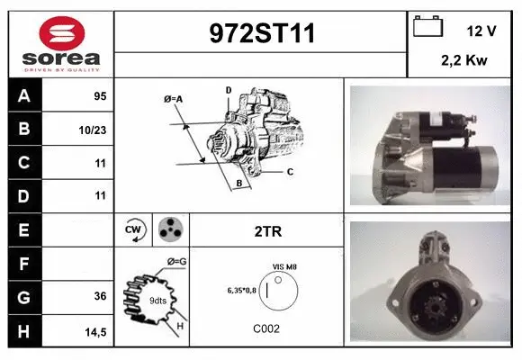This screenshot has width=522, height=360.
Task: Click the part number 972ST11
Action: coord(262,33)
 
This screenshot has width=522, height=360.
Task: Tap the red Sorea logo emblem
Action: coord(62,33)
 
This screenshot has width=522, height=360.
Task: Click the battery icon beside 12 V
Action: coord(427,26)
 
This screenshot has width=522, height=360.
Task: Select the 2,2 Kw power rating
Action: coord(464,60)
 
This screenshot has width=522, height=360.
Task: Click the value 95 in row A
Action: coord(100,96)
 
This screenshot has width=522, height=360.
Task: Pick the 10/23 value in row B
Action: coord(93,130)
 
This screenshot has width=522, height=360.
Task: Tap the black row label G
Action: coord(24,297)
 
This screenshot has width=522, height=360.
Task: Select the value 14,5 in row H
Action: coord(95,332)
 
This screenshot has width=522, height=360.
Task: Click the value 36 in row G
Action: coord(100,296)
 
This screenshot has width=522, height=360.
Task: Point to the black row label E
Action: coord(24,229)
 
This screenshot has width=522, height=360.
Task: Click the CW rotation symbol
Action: coord(134,229)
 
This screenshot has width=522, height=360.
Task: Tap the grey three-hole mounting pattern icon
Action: coord(170,229)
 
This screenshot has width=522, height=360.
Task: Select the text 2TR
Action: coord(268,231)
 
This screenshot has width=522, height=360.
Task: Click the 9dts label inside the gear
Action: coord(157,301)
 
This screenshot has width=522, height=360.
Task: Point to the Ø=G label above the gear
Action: coord(176,262)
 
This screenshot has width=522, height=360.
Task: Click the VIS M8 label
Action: coord(284,267)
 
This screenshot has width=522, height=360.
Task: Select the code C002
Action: coord(266,328)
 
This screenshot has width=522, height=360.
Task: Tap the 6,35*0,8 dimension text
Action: coord(242,291)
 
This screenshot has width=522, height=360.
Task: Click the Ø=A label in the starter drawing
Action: coord(173,99)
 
